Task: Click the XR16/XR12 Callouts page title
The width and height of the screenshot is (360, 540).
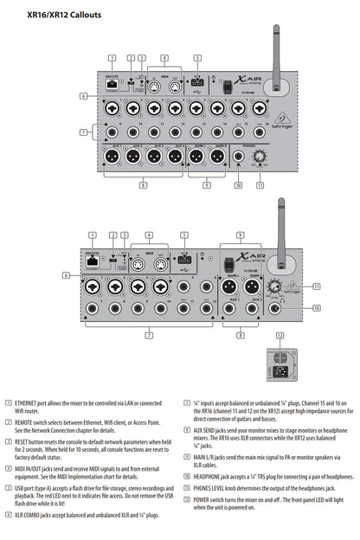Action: tap(64, 15)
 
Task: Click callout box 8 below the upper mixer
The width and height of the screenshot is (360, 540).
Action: tap(143, 184)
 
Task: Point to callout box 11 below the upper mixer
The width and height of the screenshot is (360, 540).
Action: tap(259, 184)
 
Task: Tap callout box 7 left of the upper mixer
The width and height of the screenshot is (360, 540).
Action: tap(83, 132)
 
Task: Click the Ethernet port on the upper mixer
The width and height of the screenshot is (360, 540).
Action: tap(112, 86)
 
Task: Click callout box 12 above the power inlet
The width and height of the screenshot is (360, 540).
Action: tap(278, 334)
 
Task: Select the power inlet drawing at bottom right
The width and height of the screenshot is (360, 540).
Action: tap(278, 362)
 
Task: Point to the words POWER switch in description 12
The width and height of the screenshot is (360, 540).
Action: tap(209, 500)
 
